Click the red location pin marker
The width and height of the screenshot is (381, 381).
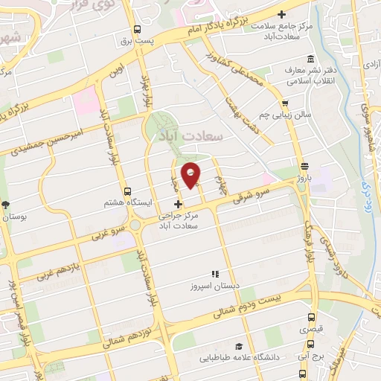point(192,174)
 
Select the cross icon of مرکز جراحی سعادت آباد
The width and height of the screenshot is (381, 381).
point(177,204)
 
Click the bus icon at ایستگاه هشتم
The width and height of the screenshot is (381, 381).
point(128,190)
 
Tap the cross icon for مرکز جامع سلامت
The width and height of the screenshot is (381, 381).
point(281,14)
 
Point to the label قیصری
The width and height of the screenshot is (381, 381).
point(311,328)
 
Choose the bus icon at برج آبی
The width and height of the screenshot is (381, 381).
point(310,344)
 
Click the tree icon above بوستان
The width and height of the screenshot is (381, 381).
point(6,205)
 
